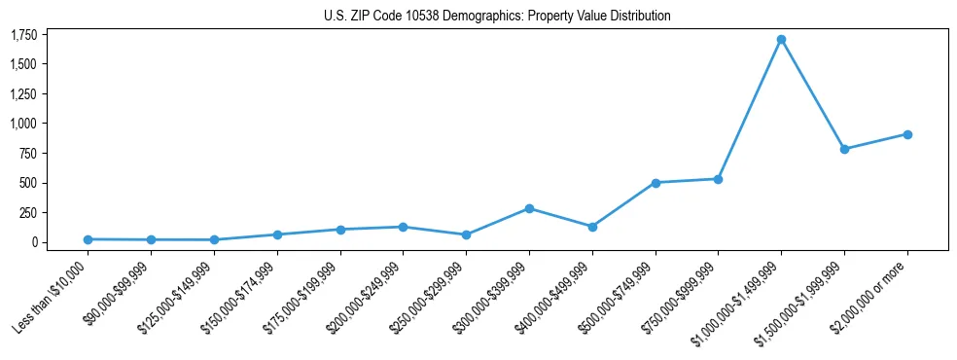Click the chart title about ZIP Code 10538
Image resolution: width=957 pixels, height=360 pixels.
pos(497,17)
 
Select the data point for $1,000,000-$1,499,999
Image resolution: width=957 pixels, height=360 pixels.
pos(781,40)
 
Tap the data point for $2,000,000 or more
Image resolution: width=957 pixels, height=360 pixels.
pos(907,134)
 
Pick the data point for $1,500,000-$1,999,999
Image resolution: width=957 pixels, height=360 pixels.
pos(844,149)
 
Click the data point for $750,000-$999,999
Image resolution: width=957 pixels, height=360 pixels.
pos(718,179)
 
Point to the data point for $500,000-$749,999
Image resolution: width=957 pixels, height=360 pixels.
pos(656,183)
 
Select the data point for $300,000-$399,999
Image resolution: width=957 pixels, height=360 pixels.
pos(529,208)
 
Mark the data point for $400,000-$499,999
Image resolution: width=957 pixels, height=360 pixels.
pos(592,227)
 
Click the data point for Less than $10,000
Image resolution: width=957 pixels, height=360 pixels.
pos(88,239)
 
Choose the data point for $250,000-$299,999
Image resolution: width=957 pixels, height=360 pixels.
pos(466,234)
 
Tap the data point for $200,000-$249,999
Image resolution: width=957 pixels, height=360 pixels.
pos(403,227)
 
